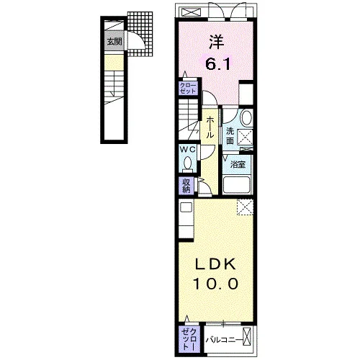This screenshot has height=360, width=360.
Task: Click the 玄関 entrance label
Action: [x=114, y=42]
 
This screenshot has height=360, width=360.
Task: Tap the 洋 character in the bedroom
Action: [x=217, y=42]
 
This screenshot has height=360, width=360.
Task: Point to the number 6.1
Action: [x=218, y=64]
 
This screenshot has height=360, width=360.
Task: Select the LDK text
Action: [x=215, y=265]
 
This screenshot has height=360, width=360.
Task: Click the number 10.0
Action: [x=215, y=284]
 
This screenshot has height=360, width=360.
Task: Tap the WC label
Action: [x=188, y=150]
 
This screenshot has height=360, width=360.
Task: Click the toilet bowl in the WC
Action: [x=187, y=163]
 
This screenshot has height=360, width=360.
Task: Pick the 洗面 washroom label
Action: [x=230, y=136]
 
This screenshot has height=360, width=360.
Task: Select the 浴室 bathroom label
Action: [x=238, y=164]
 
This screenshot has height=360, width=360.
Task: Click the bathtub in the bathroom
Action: [x=237, y=185]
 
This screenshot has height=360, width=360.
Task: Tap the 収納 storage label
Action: [x=186, y=186]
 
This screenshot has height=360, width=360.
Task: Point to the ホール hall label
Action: [x=210, y=127]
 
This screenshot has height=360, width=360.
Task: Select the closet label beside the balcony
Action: [x=189, y=339]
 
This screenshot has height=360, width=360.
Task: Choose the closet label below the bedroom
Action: [x=188, y=88]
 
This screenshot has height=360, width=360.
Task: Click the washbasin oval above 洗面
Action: [x=246, y=118]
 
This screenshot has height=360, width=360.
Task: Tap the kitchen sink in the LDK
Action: [x=186, y=207]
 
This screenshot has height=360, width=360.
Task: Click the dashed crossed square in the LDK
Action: [x=245, y=207]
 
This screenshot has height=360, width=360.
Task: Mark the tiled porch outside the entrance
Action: [x=140, y=34]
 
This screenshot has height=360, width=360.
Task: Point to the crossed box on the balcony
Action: [x=247, y=336]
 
